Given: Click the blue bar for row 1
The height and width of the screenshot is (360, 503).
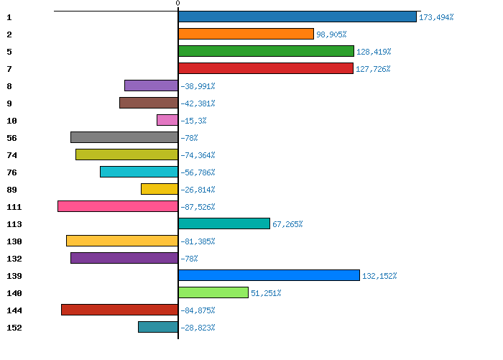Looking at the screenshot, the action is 297,17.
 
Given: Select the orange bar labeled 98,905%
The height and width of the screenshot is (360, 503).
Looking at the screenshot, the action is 246,34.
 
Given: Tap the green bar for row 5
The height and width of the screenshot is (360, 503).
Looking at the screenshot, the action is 266,51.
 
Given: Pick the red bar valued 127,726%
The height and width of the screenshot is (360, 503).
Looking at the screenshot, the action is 266,68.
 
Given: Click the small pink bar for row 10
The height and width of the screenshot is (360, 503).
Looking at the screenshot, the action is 167,120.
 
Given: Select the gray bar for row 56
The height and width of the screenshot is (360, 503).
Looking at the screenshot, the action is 124,137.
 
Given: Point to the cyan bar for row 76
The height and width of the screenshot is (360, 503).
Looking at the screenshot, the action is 139,172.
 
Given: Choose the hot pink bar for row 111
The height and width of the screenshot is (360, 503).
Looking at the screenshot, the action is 118,206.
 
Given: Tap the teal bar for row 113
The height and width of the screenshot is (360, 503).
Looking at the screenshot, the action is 224,223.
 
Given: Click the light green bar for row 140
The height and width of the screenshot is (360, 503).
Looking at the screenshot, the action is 213,292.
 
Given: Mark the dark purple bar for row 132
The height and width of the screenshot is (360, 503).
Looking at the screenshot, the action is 124,258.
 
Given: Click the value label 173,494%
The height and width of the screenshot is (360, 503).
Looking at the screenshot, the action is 436,17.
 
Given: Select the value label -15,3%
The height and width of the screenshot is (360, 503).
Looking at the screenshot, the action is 193,121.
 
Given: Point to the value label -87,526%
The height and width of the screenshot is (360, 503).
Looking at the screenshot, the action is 198,207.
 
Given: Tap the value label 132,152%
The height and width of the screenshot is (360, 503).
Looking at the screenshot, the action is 379,276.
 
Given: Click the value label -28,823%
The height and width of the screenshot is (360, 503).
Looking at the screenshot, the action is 198,328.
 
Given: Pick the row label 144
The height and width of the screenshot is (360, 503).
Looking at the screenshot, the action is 14,310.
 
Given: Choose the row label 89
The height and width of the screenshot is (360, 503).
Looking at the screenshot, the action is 12,190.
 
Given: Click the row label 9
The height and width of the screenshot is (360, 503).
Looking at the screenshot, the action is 9,103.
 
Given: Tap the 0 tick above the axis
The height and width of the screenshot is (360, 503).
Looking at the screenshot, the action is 177,3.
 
